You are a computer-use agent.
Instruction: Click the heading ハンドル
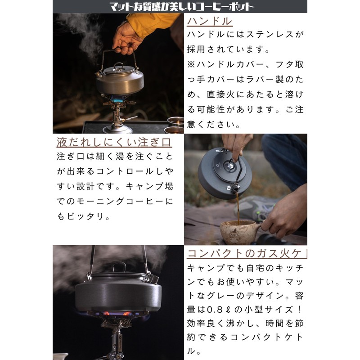point(210,21)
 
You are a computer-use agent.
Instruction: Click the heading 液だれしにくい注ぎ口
point(114,142)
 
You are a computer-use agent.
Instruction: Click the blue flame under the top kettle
point(117,100)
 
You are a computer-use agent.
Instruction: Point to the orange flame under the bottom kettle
point(117,313)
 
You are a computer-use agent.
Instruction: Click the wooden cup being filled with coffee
point(240,231)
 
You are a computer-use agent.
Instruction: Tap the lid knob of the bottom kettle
point(119,267)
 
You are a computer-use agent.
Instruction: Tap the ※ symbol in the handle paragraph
point(191,64)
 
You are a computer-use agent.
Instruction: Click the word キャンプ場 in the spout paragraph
point(150,186)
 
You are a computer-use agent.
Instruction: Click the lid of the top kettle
point(119,69)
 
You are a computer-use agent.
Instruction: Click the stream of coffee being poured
point(238,208)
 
